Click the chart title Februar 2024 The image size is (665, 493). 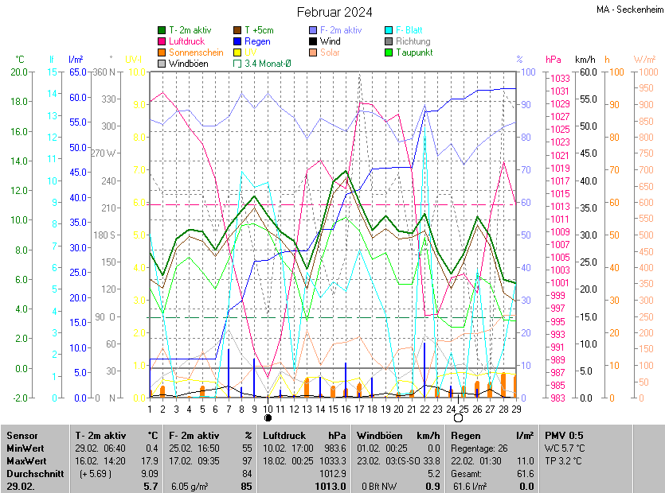334,12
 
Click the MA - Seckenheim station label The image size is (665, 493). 629,10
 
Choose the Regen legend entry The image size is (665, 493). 257,41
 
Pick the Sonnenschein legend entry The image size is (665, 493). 196,52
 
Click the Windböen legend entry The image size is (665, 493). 189,64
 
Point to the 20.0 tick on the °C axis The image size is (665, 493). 18,72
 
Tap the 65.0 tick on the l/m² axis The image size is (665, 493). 77,72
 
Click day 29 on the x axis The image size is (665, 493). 516,409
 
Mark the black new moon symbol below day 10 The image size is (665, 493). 268,417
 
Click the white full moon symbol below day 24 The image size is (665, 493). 458,417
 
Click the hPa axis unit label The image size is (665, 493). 553,60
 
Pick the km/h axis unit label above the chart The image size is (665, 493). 585,60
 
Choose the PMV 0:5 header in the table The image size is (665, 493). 564,436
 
